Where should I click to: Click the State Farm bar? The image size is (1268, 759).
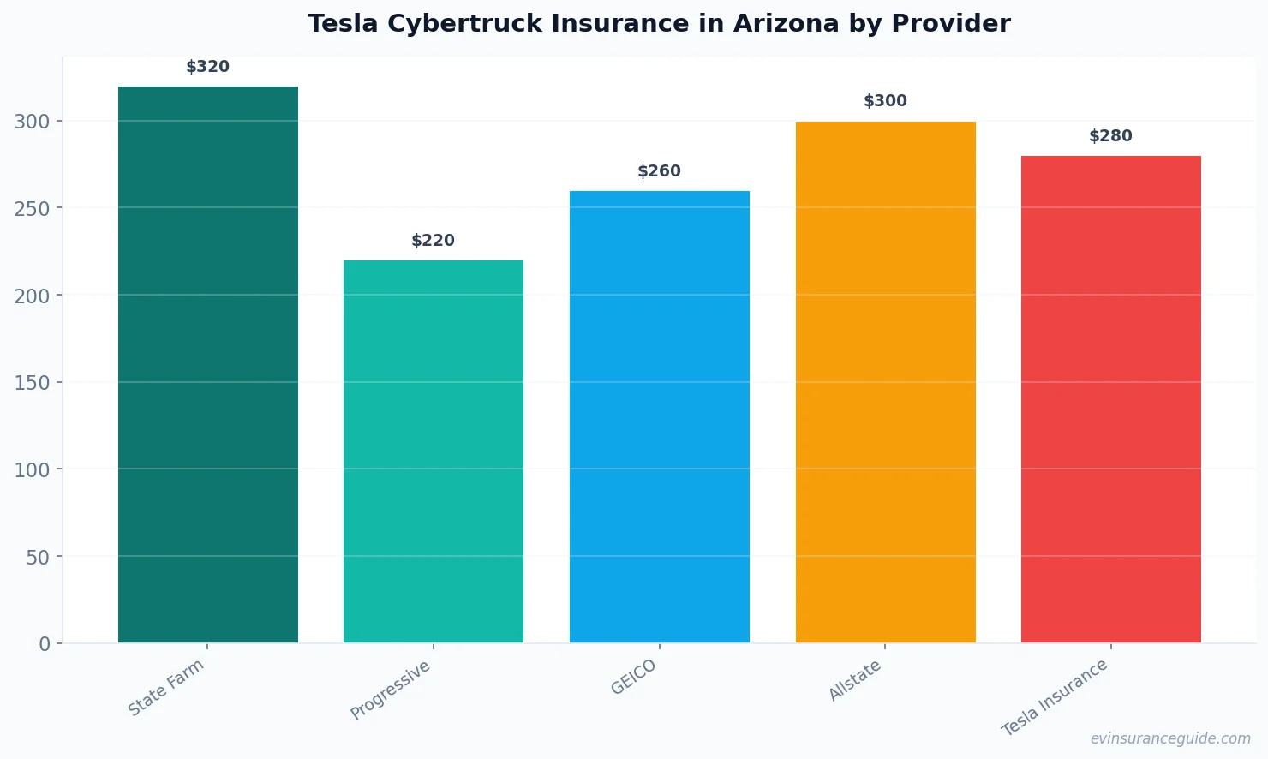(208, 364)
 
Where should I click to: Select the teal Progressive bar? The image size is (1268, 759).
(434, 451)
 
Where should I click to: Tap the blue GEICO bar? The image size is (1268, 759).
(659, 416)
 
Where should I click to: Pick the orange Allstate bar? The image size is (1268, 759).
(885, 382)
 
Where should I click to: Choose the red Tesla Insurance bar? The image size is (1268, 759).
(1110, 399)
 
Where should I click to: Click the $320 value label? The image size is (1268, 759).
(208, 67)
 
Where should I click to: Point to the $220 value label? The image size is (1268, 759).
(434, 241)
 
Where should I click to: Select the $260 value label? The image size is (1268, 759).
(659, 171)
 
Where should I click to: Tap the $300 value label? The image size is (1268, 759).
(885, 101)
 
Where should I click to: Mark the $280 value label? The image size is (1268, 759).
(1110, 136)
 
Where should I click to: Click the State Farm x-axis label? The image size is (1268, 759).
(166, 687)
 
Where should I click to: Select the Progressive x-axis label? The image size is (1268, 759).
(391, 690)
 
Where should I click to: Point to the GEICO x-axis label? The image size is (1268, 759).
(633, 677)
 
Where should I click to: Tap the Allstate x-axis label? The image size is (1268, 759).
(854, 681)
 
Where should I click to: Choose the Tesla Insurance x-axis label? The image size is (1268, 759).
(1055, 697)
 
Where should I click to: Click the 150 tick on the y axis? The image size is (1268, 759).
(32, 383)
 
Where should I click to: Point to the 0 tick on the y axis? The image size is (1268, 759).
(45, 644)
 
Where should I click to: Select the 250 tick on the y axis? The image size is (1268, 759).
(32, 208)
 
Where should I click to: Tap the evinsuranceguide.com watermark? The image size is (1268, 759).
(1170, 738)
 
